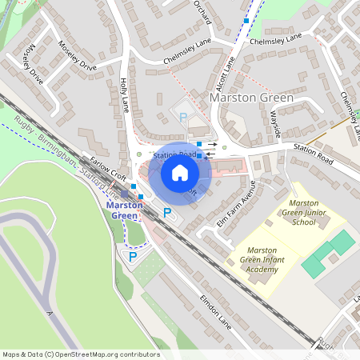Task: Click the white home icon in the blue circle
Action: click(x=180, y=172)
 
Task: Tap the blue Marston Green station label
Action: click(x=125, y=209)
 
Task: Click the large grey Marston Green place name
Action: click(x=251, y=97)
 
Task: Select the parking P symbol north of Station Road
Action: click(x=183, y=118)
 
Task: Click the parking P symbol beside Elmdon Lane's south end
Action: click(x=133, y=258)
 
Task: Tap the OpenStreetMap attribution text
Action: click(x=81, y=354)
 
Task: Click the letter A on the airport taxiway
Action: click(x=49, y=313)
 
